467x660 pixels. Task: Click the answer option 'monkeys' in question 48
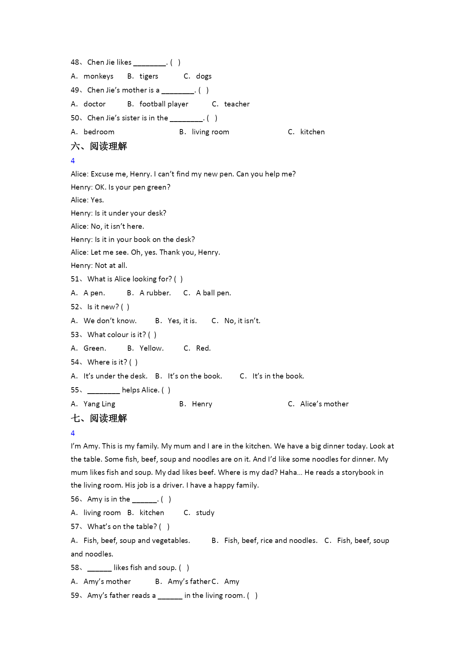tap(98, 76)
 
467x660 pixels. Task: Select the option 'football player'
tap(164, 104)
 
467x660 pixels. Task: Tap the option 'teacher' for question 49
tap(237, 104)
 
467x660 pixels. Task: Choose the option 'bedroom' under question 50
tap(99, 132)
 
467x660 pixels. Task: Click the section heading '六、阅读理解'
tap(99, 146)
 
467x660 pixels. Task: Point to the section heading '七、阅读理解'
tap(99, 418)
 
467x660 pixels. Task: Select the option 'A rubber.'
tap(155, 293)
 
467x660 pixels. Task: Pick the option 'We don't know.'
tap(110, 321)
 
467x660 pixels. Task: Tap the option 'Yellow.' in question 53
tap(151, 348)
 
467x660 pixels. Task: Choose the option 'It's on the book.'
tap(195, 376)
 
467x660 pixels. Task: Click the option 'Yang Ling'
tap(99, 404)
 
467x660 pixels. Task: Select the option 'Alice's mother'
tap(324, 404)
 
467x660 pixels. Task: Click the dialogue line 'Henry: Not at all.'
tap(99, 266)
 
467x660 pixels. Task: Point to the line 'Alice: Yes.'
tap(87, 200)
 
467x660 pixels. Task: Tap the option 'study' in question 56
tap(205, 513)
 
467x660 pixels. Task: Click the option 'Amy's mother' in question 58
tap(107, 582)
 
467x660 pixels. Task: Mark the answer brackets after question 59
tap(252, 596)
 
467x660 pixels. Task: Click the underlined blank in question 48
tap(149, 63)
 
